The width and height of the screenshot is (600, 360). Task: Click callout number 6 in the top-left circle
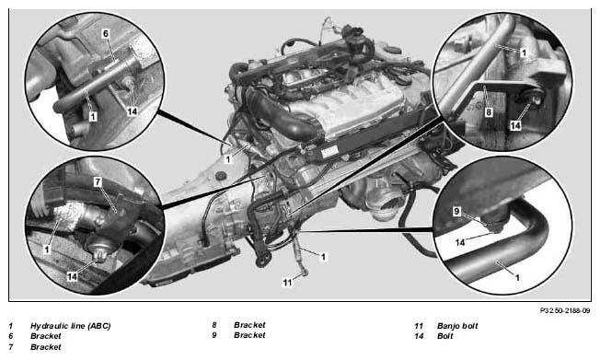(x=106, y=34)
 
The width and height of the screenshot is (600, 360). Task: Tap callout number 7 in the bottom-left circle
(x=98, y=182)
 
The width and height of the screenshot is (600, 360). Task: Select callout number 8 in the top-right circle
(x=489, y=112)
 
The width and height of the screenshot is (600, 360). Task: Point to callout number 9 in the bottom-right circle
(x=456, y=212)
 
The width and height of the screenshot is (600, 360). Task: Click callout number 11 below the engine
(x=287, y=283)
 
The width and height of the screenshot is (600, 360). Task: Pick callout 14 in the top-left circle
(x=132, y=111)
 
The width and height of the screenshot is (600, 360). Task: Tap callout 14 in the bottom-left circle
(x=72, y=276)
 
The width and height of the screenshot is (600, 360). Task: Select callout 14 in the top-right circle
(x=515, y=125)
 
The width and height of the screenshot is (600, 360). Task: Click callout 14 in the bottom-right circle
(x=460, y=242)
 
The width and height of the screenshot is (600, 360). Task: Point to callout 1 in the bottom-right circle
(x=517, y=277)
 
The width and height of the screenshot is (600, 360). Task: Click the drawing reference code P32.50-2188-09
(x=565, y=310)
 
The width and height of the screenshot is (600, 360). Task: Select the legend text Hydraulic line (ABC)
(x=71, y=326)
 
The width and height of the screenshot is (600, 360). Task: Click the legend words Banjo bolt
(x=457, y=326)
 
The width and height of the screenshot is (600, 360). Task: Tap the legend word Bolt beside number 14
(x=445, y=336)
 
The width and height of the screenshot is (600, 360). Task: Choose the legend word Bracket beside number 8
(x=249, y=325)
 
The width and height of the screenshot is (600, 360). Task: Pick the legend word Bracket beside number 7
(x=45, y=347)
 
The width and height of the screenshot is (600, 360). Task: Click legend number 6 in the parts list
(x=11, y=336)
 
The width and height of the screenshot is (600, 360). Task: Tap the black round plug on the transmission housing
(x=220, y=176)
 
